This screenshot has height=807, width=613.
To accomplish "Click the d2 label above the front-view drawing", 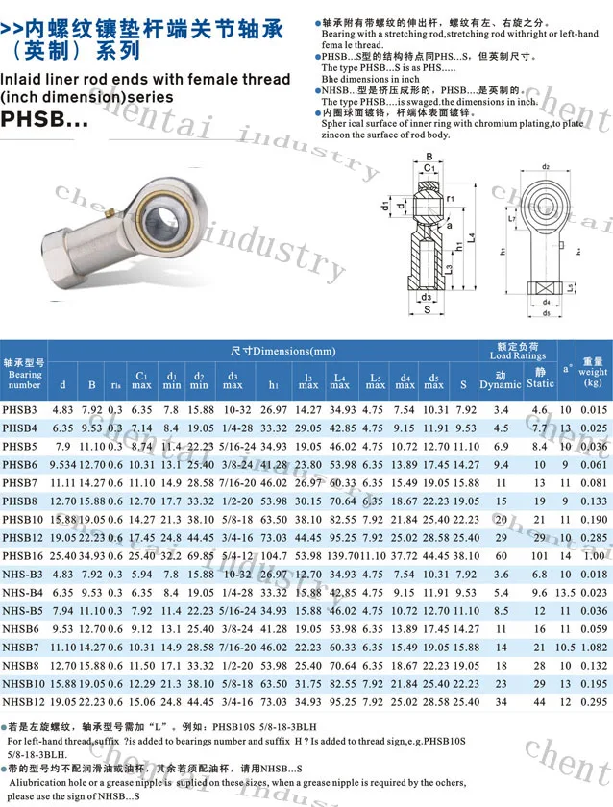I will click(x=545, y=166).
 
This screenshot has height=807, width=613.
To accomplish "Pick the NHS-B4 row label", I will click(x=23, y=593).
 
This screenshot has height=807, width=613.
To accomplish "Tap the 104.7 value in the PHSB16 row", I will click(x=274, y=556).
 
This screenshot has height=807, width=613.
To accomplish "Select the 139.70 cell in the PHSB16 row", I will click(x=342, y=556).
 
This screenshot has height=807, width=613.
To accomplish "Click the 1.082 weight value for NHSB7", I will click(x=594, y=648).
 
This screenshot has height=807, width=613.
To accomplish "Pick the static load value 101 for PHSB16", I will click(x=539, y=556).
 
